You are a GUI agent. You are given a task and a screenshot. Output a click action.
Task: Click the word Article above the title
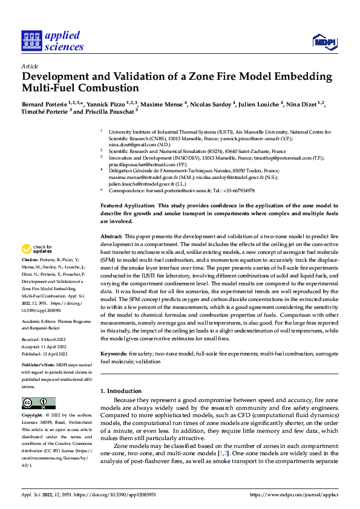pyautogui.click(x=29, y=65)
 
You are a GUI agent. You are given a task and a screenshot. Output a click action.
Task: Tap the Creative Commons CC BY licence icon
pyautogui.click(x=39, y=403)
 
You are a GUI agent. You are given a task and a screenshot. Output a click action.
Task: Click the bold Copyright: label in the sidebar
pyautogui.click(x=32, y=415)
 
